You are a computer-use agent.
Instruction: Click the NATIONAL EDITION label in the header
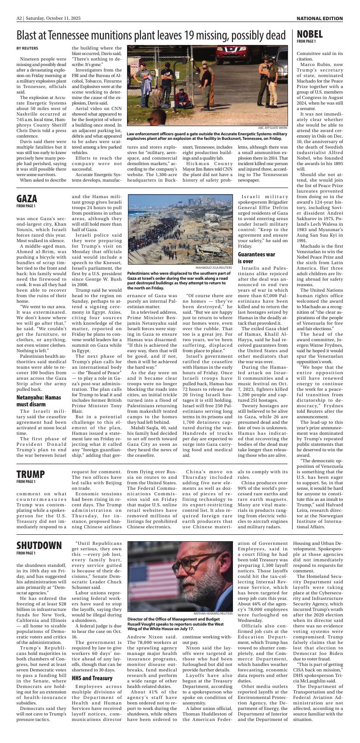click(x=319, y=18)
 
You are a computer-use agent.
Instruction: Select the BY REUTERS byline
click(x=27, y=48)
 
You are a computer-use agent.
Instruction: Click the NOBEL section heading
click(x=310, y=34)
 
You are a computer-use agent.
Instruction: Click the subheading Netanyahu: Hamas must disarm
click(x=39, y=400)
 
